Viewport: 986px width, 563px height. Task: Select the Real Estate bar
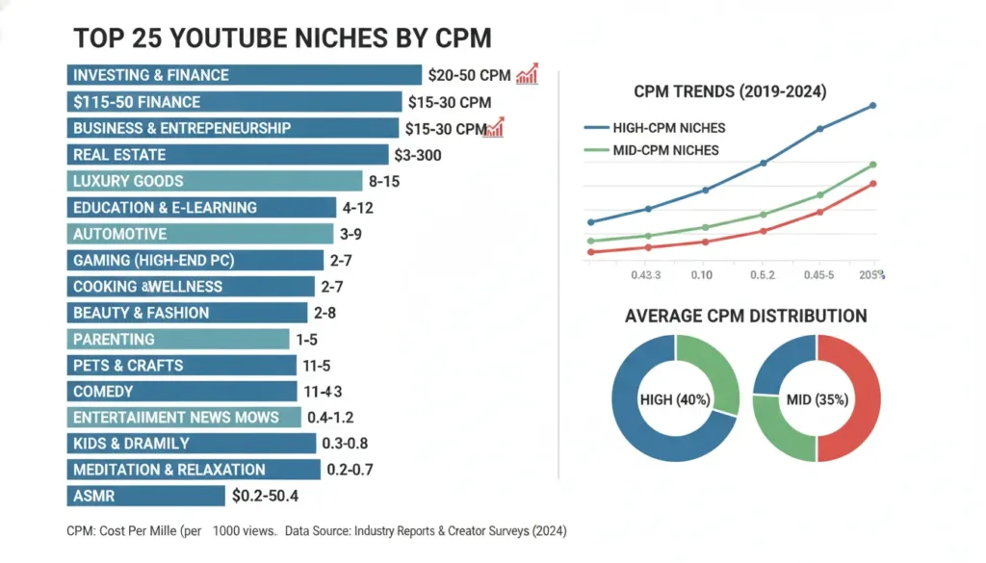coord(227,154)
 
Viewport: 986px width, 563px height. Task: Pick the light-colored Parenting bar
coord(178,339)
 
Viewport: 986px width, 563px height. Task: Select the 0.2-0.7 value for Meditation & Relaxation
coord(350,470)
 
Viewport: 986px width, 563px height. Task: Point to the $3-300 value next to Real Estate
coord(417,155)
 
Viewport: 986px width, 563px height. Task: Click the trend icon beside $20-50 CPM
coord(527,74)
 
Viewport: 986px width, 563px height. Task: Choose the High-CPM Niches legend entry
coord(655,127)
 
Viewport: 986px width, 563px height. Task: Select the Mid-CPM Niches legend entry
coord(652,150)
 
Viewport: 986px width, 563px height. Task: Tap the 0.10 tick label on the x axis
coord(701,276)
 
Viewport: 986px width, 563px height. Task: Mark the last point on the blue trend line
coord(873,105)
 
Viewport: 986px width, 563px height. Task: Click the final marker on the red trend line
coord(873,184)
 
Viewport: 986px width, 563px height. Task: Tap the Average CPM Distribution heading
coord(745,317)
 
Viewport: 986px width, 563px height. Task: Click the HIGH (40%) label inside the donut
coord(674,398)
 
